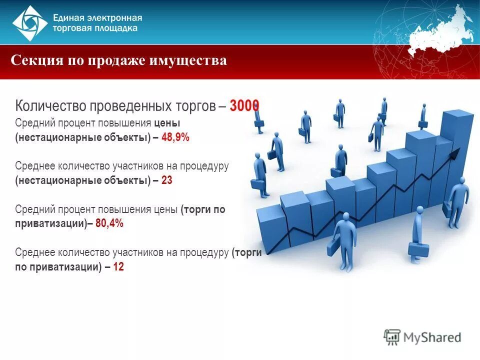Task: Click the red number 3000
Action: (x=244, y=106)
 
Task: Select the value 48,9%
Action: (x=175, y=137)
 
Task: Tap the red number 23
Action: (x=167, y=180)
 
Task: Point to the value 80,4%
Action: (x=109, y=223)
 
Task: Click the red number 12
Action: (x=118, y=267)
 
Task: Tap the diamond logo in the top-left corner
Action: (x=30, y=23)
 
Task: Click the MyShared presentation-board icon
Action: (x=392, y=336)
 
